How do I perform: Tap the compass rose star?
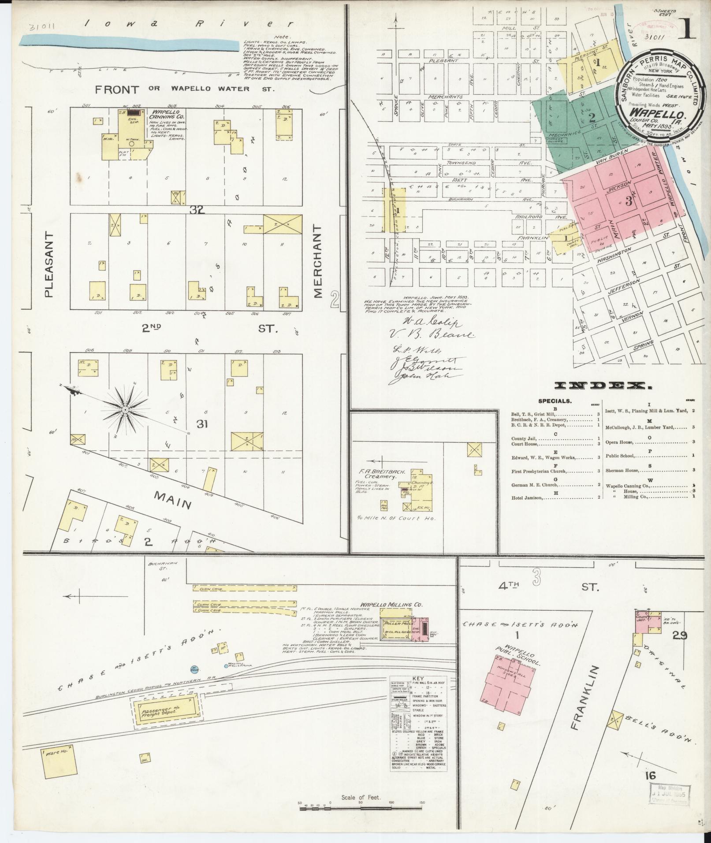coord(125,410)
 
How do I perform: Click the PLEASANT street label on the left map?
coord(49,264)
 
